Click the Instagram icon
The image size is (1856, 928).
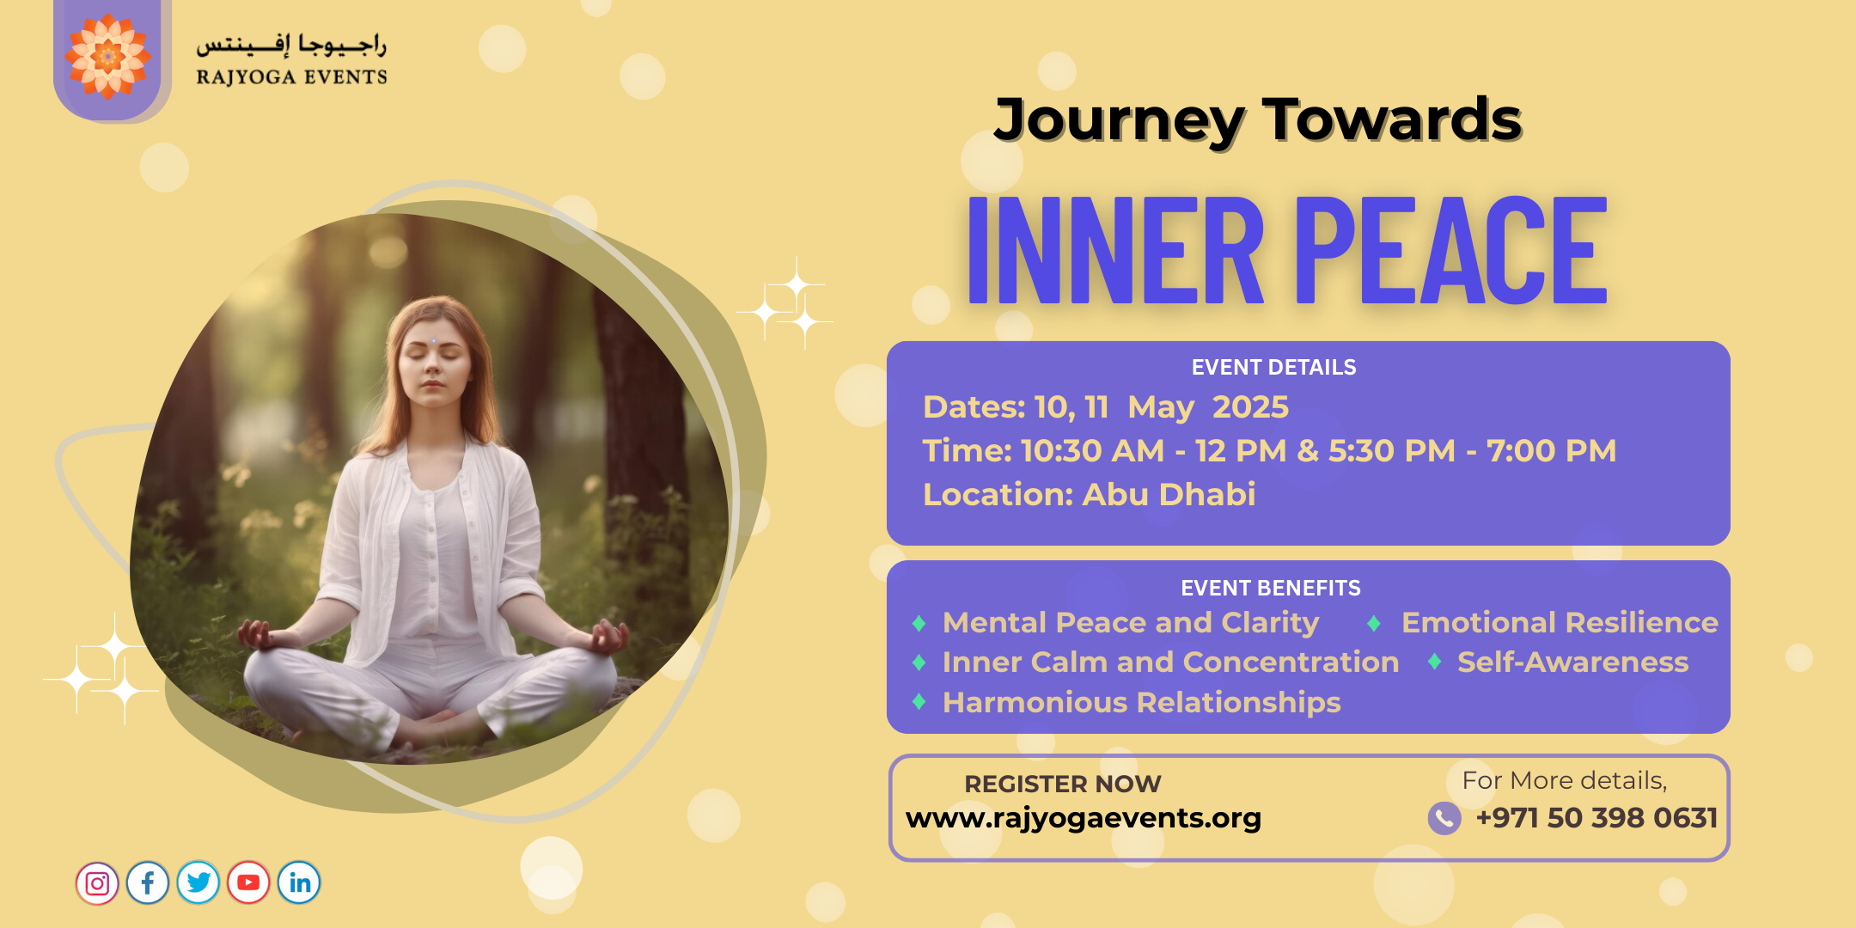[x=97, y=883]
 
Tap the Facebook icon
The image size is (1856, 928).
[x=148, y=883]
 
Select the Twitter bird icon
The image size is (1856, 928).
[x=198, y=883]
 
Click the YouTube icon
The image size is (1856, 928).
[x=249, y=883]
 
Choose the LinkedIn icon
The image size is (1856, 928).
[x=299, y=883]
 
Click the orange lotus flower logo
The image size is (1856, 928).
[x=108, y=57]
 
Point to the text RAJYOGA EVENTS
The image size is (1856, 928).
[x=292, y=77]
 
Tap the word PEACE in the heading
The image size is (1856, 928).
[x=1450, y=250]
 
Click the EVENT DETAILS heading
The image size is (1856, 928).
[x=1273, y=368]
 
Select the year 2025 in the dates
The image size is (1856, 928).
[x=1250, y=407]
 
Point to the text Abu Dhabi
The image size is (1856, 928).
[x=1169, y=495]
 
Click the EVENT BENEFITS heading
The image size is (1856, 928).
[x=1271, y=589]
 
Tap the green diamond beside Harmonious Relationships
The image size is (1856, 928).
[x=919, y=702]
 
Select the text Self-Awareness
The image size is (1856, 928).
[x=1573, y=662]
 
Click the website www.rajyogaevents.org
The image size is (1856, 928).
[x=1084, y=818]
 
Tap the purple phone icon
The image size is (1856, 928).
[x=1444, y=819]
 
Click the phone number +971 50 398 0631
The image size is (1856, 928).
[x=1597, y=818]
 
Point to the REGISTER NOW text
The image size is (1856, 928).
[x=1063, y=785]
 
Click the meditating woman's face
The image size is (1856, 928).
[x=435, y=361]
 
